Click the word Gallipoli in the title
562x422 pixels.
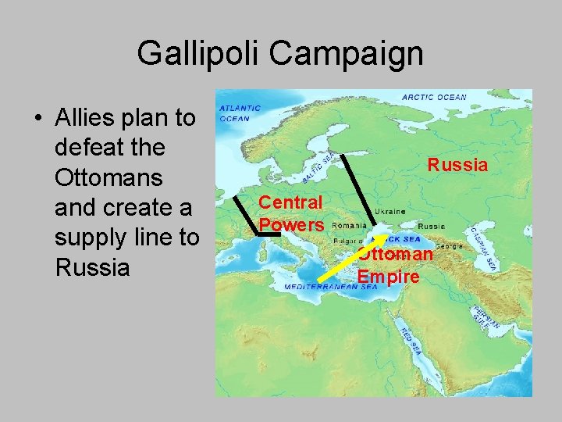click(x=199, y=54)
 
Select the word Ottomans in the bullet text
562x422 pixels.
click(x=108, y=177)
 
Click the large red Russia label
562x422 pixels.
click(x=457, y=165)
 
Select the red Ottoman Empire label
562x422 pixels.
click(x=395, y=266)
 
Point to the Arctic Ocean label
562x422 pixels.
click(x=434, y=98)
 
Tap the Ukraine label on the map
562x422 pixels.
click(x=389, y=212)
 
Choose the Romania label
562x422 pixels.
click(x=349, y=225)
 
